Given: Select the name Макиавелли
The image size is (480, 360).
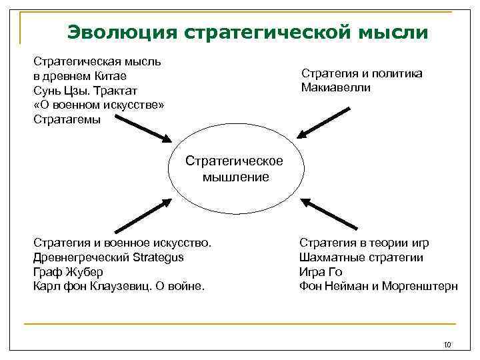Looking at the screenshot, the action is (335, 88).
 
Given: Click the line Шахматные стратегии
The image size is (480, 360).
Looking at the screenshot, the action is (361, 257).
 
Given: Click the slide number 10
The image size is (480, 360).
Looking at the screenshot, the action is (447, 345).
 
